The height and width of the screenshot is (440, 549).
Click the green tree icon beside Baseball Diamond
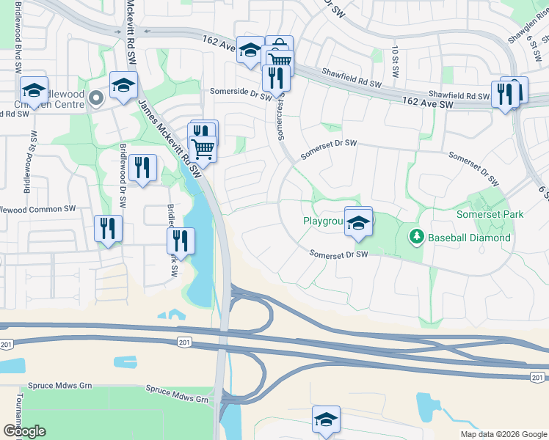(416, 236)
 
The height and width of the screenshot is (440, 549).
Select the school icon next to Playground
(358, 224)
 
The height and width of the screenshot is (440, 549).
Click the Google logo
(24, 430)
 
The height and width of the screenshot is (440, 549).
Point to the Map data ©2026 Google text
(503, 434)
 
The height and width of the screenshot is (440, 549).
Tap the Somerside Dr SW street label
(236, 92)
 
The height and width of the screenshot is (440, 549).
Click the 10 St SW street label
(394, 56)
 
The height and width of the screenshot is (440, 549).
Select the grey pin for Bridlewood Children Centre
(95, 98)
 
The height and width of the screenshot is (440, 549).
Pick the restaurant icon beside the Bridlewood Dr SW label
(142, 167)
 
